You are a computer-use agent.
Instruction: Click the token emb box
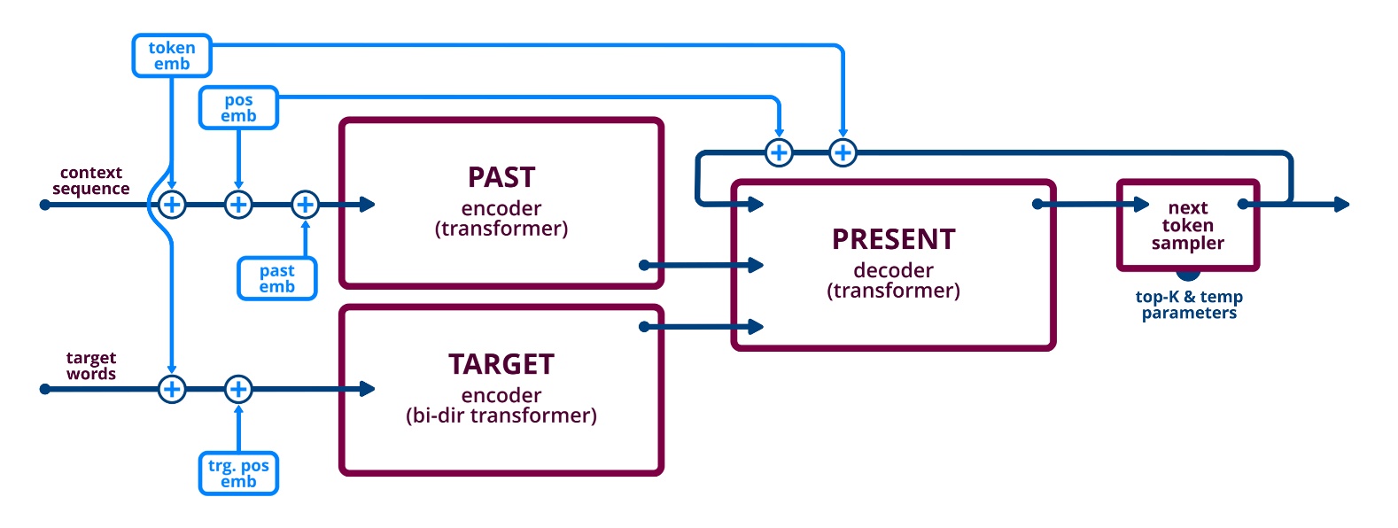(172, 56)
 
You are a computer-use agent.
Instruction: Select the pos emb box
(238, 108)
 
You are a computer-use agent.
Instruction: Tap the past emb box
(276, 278)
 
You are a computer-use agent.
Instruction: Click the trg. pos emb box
(238, 473)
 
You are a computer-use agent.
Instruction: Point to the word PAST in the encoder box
(501, 177)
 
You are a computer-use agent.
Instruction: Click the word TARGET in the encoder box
(501, 364)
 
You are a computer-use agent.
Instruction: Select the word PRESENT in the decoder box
(893, 239)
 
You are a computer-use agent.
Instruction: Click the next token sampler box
(1187, 225)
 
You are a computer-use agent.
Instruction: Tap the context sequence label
(90, 181)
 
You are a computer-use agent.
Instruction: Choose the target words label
(90, 366)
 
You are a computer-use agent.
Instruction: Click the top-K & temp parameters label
(1189, 305)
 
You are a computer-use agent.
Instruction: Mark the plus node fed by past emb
(305, 205)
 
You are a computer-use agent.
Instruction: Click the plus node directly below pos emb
(238, 205)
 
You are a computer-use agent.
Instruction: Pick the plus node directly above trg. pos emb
(238, 389)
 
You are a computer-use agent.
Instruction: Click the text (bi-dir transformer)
(501, 415)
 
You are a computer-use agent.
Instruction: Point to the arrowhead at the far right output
(1342, 205)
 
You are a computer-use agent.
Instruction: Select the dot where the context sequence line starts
(45, 205)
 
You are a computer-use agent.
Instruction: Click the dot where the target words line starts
(45, 389)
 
